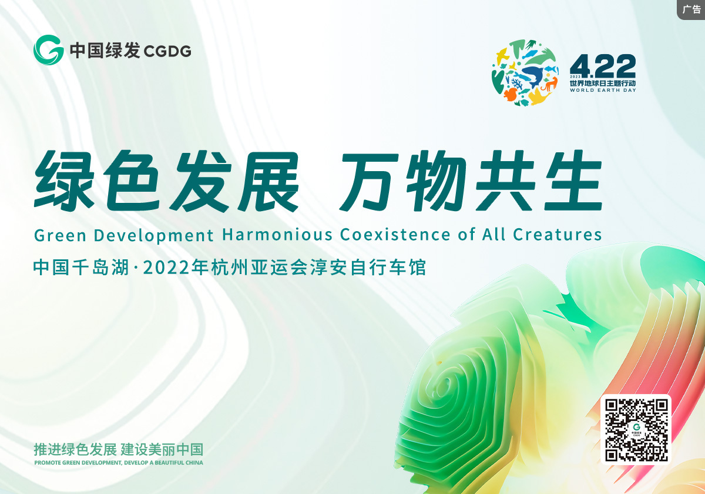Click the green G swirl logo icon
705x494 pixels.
48,50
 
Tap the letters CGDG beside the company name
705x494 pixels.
167,51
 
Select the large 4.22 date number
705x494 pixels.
602,66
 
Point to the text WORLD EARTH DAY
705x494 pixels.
603,90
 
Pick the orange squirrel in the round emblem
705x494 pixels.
510,94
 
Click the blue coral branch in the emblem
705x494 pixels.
517,84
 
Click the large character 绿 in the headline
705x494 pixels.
65,181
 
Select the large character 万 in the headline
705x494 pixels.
369,182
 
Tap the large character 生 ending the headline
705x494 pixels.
573,181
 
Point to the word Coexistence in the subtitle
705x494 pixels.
395,235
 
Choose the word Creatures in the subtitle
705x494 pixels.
558,235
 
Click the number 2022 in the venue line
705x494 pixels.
166,268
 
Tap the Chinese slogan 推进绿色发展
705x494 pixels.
75,449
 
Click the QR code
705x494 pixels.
636,430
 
